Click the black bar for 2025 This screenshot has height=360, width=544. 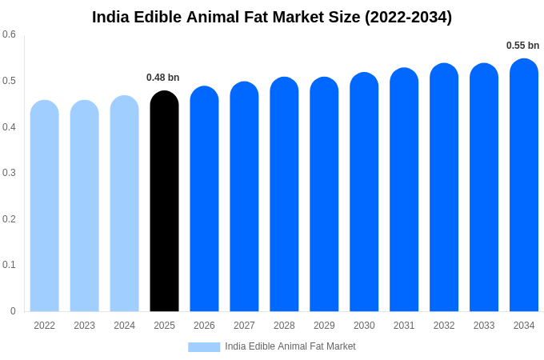[x=164, y=202]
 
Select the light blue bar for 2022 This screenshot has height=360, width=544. [x=45, y=206]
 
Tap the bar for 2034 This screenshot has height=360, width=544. [x=524, y=186]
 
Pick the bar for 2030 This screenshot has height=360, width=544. [x=364, y=192]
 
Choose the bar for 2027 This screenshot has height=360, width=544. [x=244, y=197]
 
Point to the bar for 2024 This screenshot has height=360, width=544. [x=124, y=204]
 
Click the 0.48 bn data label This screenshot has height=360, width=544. [x=163, y=78]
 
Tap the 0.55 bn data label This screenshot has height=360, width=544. [x=522, y=46]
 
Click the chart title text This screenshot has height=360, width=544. [x=272, y=17]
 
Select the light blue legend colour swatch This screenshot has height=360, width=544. [x=204, y=346]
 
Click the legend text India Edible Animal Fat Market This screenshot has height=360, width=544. [x=290, y=346]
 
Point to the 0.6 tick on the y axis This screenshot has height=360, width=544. [x=9, y=34]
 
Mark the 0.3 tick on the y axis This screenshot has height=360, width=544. [x=9, y=173]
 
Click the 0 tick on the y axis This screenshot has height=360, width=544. [x=13, y=311]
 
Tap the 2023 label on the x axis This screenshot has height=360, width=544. [x=84, y=326]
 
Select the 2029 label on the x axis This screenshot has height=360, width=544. [x=324, y=326]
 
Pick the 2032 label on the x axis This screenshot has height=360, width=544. [x=444, y=326]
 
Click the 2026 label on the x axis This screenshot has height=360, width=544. [x=204, y=326]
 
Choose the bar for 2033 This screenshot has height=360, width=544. [x=484, y=187]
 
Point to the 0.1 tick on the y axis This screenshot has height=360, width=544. [x=9, y=265]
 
